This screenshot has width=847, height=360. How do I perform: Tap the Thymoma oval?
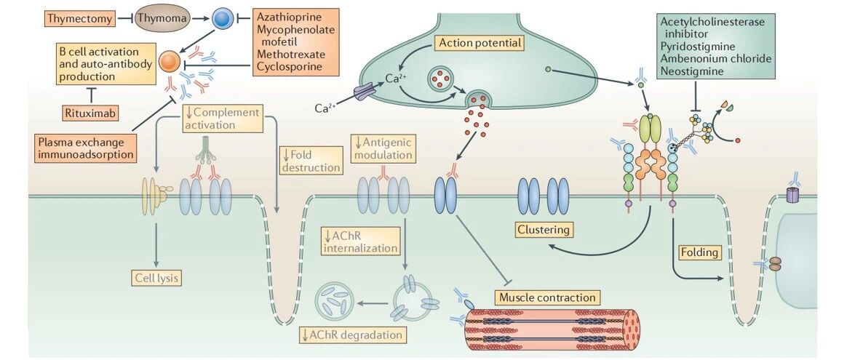[162, 20]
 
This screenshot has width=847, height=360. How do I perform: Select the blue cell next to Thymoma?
[221, 19]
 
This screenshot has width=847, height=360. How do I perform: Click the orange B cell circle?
[169, 62]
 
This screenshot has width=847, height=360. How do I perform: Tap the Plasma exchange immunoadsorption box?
[85, 148]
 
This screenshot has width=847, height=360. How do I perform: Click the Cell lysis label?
[156, 278]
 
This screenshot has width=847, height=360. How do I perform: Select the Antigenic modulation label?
[384, 148]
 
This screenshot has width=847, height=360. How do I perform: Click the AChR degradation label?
[351, 335]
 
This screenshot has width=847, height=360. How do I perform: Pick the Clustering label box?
[544, 230]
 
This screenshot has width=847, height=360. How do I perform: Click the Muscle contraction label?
[547, 297]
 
